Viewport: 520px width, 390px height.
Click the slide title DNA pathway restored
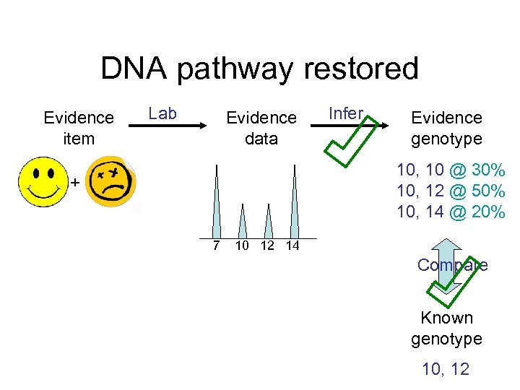259,69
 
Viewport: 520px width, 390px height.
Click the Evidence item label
79,127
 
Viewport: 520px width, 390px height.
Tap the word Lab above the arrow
162,113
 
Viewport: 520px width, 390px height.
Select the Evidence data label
261,127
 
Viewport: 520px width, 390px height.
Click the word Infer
345,113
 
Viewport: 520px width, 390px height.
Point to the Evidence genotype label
446,127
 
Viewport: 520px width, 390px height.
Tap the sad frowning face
111,183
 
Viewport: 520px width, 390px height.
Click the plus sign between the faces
74,183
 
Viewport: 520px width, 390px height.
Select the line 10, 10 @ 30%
451,171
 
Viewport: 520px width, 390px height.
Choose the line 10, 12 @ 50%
451,191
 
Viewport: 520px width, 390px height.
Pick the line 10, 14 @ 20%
451,212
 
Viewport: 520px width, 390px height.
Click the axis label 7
216,246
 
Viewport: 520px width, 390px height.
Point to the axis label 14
292,246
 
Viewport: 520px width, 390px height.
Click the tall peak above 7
216,206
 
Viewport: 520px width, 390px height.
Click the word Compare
452,265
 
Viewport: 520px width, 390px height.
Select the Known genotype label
446,328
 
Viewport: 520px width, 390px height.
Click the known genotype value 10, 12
446,369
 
